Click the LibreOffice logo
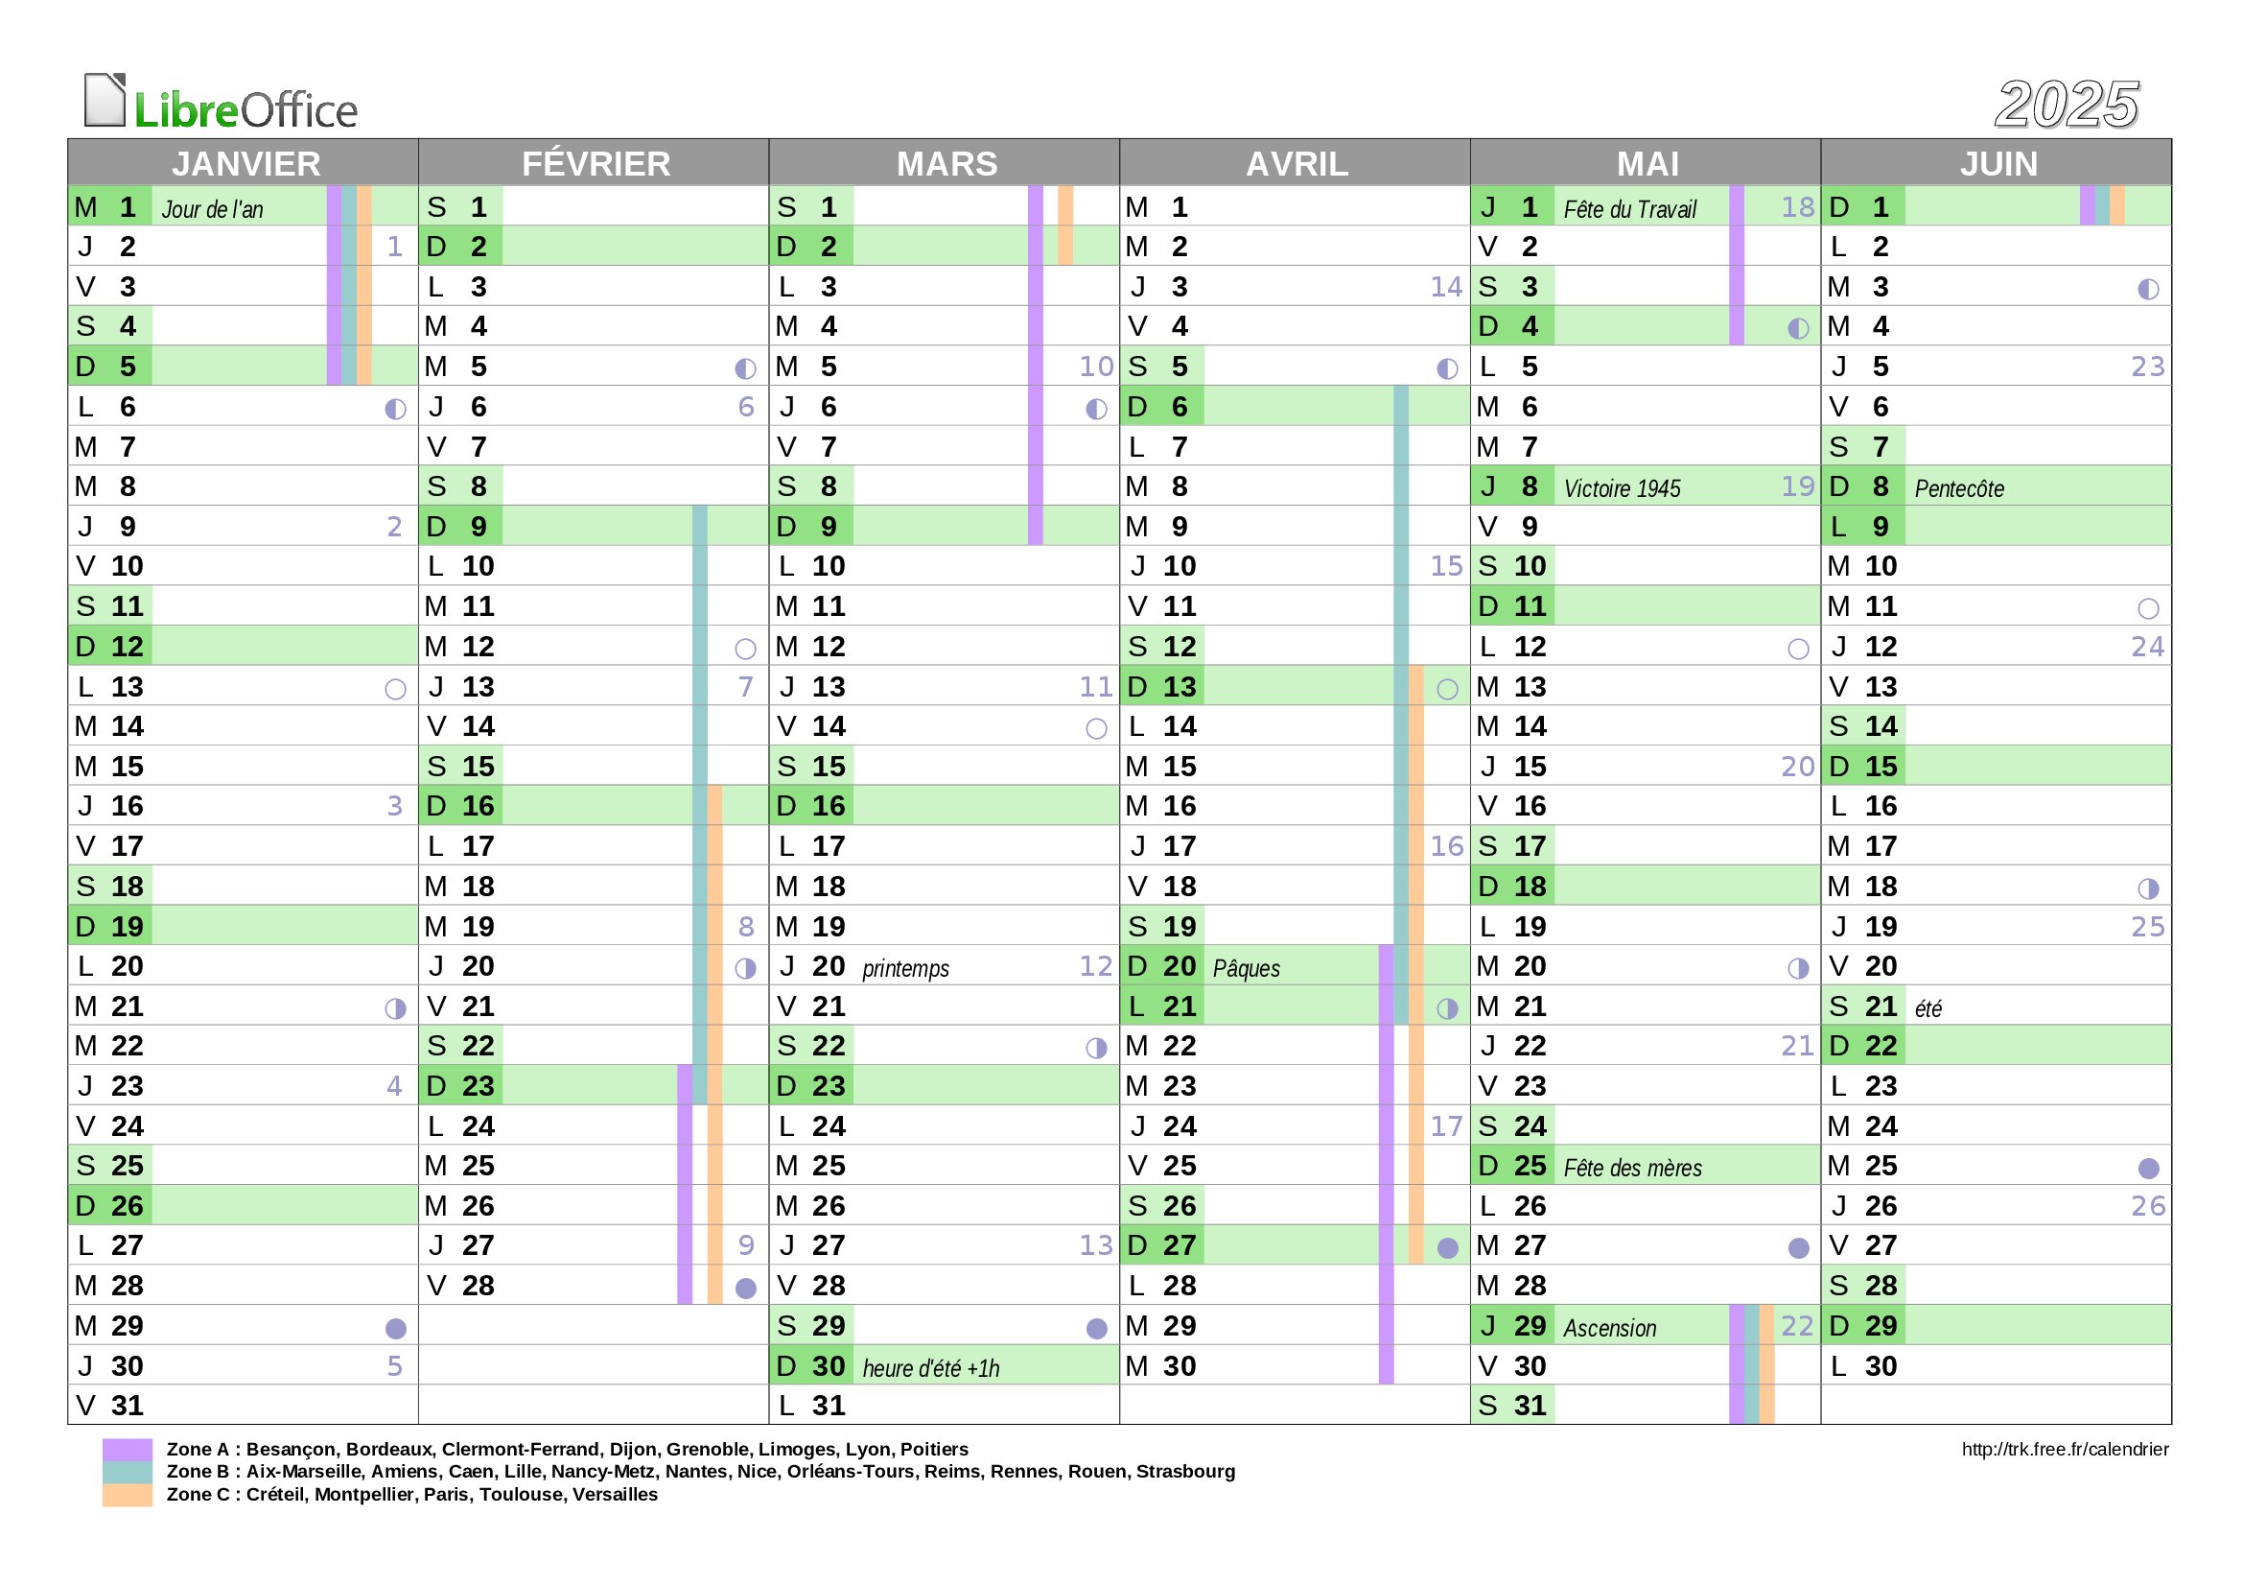221,103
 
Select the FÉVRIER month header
595,163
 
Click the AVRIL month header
1297,163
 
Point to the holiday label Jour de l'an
212,209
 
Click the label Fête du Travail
1629,209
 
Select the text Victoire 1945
1622,488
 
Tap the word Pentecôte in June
1959,488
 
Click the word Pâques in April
1246,968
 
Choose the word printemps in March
905,968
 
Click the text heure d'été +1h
931,1368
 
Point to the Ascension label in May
1609,1328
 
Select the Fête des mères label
1632,1168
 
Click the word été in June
1928,1008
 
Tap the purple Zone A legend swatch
127,1449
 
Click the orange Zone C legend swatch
127,1495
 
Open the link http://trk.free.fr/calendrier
2065,1449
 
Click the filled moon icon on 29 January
396,1328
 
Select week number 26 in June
2147,1207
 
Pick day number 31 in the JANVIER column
127,1407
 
